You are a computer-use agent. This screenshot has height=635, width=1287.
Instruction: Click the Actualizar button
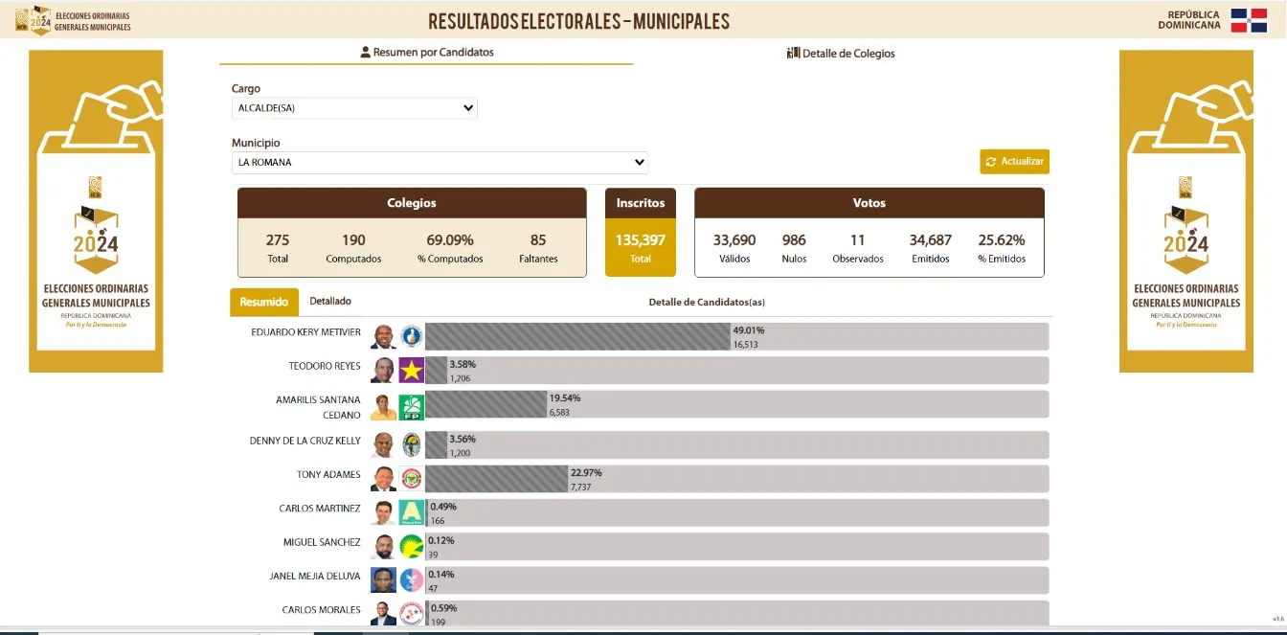click(x=1014, y=162)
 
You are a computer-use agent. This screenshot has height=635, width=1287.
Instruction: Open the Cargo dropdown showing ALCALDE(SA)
click(x=354, y=108)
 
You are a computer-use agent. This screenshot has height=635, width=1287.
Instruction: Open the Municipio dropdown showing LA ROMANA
click(x=440, y=163)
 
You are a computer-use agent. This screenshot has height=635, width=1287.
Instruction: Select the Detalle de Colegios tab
click(x=841, y=54)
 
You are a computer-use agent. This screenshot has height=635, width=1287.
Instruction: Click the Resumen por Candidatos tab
click(x=427, y=53)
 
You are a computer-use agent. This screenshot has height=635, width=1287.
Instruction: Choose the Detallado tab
click(x=330, y=301)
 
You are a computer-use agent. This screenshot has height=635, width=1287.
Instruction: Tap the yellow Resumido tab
click(x=263, y=302)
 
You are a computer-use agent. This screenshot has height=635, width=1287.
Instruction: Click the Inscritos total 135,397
click(x=641, y=240)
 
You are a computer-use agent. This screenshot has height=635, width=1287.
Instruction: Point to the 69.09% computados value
click(x=450, y=240)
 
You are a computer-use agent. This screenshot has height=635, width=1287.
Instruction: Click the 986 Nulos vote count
click(x=794, y=240)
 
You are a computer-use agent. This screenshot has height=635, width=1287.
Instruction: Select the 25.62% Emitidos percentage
click(x=1002, y=240)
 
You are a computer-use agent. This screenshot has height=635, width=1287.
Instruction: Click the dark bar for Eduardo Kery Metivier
click(x=577, y=337)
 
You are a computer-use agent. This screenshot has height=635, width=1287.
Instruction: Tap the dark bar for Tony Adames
click(x=496, y=479)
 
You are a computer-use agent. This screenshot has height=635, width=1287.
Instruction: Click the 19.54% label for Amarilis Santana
click(x=565, y=397)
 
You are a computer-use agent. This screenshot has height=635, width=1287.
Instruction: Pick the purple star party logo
click(x=412, y=371)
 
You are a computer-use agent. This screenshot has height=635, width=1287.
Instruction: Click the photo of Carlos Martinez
click(x=383, y=512)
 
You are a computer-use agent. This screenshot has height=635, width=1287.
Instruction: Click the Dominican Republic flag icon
click(x=1249, y=20)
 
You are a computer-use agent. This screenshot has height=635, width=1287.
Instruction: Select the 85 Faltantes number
click(x=538, y=240)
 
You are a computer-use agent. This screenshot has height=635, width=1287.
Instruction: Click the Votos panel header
click(x=869, y=203)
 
